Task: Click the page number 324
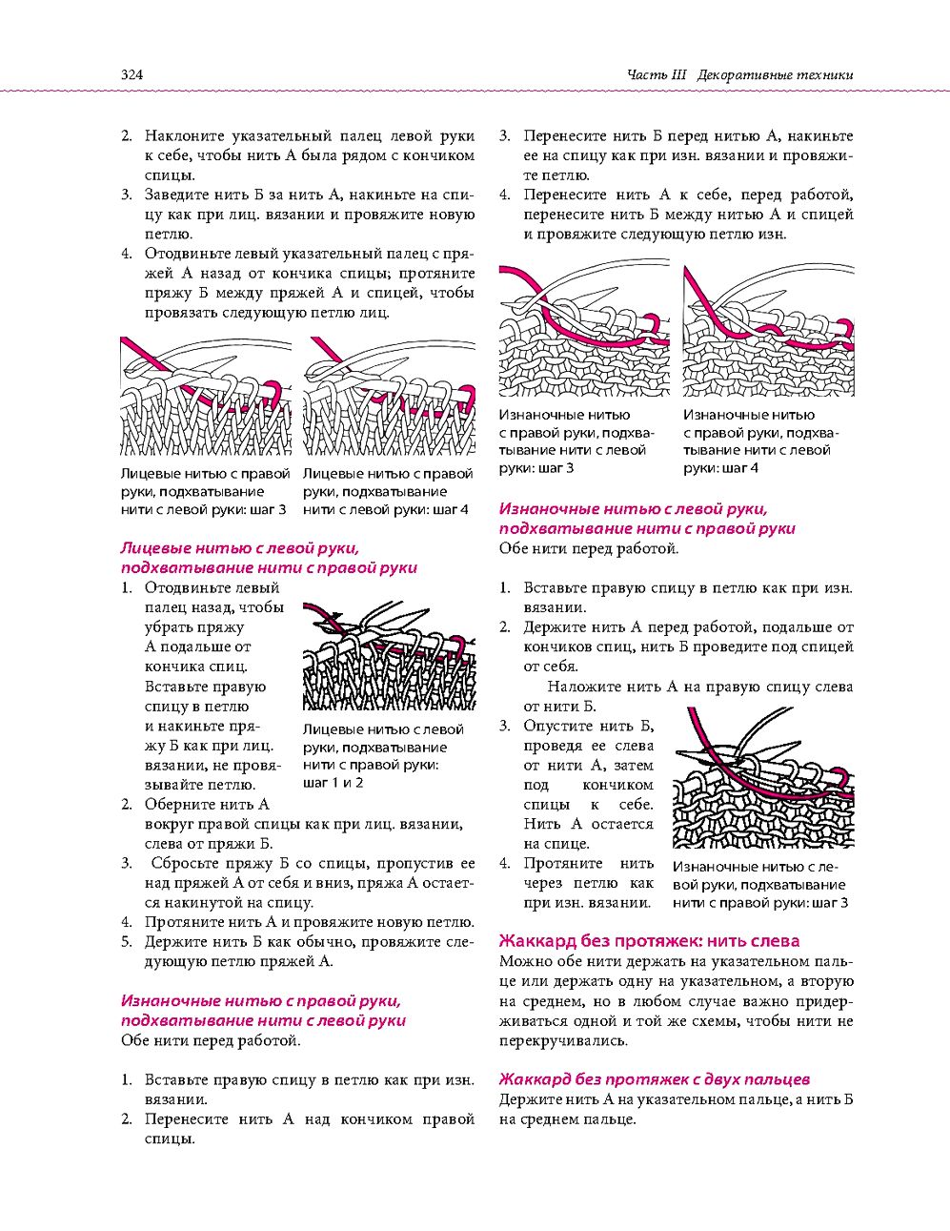(x=131, y=74)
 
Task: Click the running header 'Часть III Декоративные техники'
(x=740, y=74)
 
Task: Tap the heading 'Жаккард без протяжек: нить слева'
(x=649, y=941)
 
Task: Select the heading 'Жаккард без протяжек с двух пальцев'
(x=654, y=1079)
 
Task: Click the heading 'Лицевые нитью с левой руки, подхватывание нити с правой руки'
(x=269, y=558)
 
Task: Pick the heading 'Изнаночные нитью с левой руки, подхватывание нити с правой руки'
(x=647, y=519)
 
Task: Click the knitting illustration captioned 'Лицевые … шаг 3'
(x=206, y=396)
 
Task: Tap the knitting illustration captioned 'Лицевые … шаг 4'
(x=390, y=396)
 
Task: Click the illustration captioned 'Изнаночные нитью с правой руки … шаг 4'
(x=768, y=330)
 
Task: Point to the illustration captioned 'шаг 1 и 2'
(x=390, y=656)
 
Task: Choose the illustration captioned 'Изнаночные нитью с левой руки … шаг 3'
(x=764, y=777)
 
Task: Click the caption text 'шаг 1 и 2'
(x=334, y=783)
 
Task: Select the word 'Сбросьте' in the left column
(x=184, y=863)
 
